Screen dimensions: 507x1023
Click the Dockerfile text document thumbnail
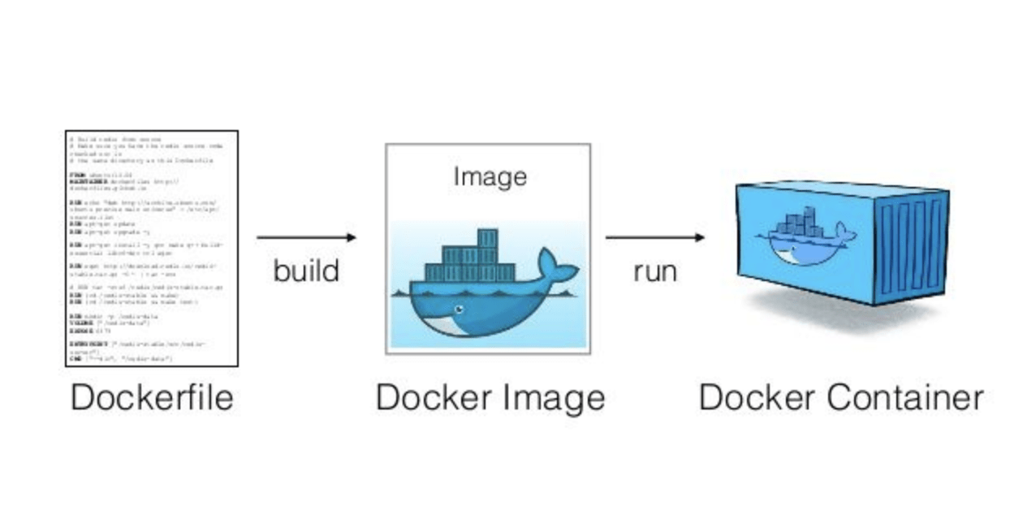(152, 248)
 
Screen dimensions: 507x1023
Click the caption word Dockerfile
(152, 398)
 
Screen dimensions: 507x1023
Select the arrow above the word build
(306, 237)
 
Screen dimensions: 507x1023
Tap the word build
(306, 271)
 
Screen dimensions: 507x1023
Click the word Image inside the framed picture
(490, 176)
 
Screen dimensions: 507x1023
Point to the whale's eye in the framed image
(460, 310)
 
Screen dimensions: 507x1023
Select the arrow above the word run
(654, 237)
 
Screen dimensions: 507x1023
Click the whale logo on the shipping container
(804, 236)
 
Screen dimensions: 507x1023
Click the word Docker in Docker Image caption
(433, 398)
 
